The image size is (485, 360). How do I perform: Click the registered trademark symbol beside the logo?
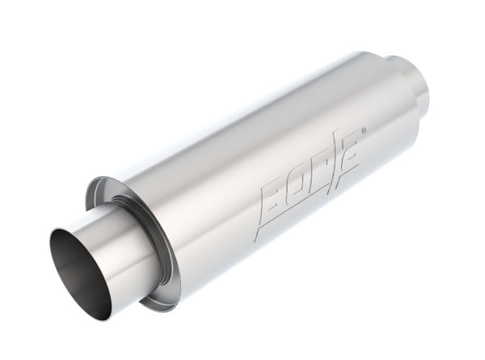pyautogui.click(x=363, y=129)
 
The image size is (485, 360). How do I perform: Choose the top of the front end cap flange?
pyautogui.click(x=105, y=179)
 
